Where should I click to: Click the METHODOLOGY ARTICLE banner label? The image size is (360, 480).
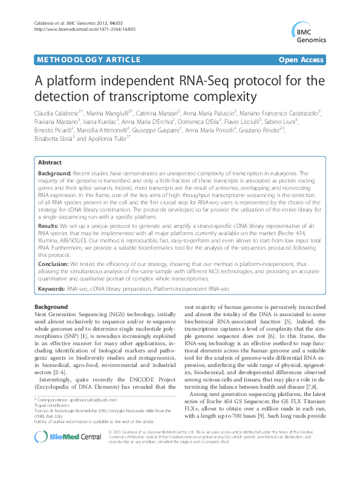pyautogui.click(x=77, y=59)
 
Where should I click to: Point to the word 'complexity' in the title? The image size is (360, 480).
pyautogui.click(x=214, y=96)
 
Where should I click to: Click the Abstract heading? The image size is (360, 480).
pyautogui.click(x=50, y=163)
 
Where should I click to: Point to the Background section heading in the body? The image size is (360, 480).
pyautogui.click(x=51, y=308)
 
